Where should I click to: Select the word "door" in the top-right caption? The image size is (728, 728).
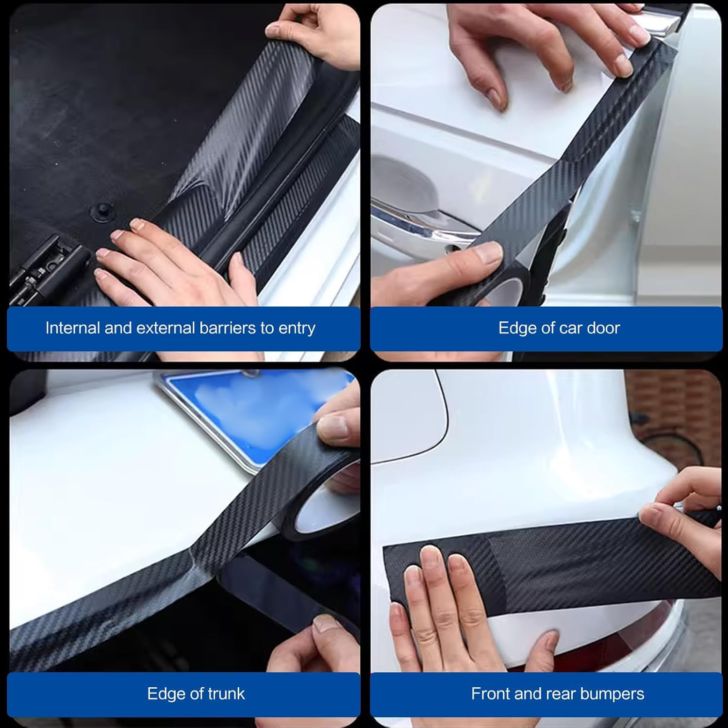(x=603, y=328)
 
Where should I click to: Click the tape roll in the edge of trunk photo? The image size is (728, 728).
(x=315, y=505)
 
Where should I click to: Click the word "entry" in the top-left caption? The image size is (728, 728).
(x=297, y=328)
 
